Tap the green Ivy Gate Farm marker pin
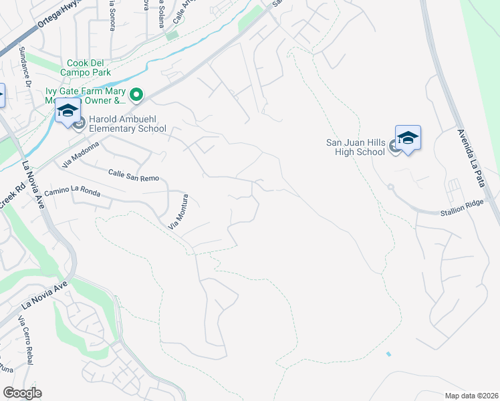point(136,96)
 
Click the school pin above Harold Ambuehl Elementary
point(68,110)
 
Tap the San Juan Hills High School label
point(356,146)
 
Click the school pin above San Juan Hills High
point(408,138)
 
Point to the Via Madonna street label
point(80,154)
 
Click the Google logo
point(22,393)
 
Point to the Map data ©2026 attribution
point(472,395)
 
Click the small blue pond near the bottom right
point(388,354)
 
